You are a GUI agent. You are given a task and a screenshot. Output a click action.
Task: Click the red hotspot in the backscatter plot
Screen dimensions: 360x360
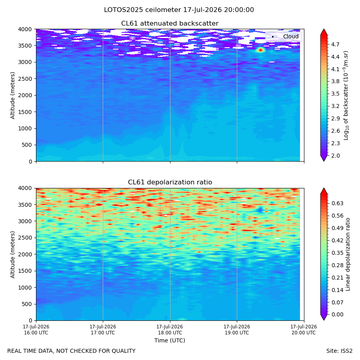(260, 50)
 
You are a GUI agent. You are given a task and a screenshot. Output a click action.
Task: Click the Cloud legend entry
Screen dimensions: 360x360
(283, 36)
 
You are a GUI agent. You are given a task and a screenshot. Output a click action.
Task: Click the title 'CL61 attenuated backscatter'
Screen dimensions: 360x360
(170, 24)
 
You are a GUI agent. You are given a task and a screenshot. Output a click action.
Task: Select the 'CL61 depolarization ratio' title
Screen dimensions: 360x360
(170, 182)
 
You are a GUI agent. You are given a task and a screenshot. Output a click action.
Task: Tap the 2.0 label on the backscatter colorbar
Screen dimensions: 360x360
(335, 156)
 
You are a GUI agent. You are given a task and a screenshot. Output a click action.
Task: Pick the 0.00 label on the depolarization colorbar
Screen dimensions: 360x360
(337, 314)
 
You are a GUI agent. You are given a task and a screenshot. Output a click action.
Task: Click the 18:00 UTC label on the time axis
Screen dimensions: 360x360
(170, 330)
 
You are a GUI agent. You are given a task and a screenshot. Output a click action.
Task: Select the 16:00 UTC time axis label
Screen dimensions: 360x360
(36, 330)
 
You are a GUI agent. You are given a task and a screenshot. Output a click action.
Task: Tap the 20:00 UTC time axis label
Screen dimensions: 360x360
(304, 330)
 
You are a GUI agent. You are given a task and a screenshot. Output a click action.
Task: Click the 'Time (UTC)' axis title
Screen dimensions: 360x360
(170, 340)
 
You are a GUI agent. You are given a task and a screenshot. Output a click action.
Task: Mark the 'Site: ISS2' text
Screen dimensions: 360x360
(339, 351)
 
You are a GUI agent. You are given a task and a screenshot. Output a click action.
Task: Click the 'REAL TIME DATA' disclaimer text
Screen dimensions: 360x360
(72, 351)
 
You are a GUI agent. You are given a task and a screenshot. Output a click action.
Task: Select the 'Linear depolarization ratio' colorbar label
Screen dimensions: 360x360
(348, 254)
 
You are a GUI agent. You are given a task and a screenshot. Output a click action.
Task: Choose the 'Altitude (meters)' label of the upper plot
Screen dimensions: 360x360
(12, 95)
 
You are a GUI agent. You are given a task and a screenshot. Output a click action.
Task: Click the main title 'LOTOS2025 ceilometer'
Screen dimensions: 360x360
(142, 10)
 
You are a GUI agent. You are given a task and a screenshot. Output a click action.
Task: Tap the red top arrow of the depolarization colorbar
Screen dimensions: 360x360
(324, 191)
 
